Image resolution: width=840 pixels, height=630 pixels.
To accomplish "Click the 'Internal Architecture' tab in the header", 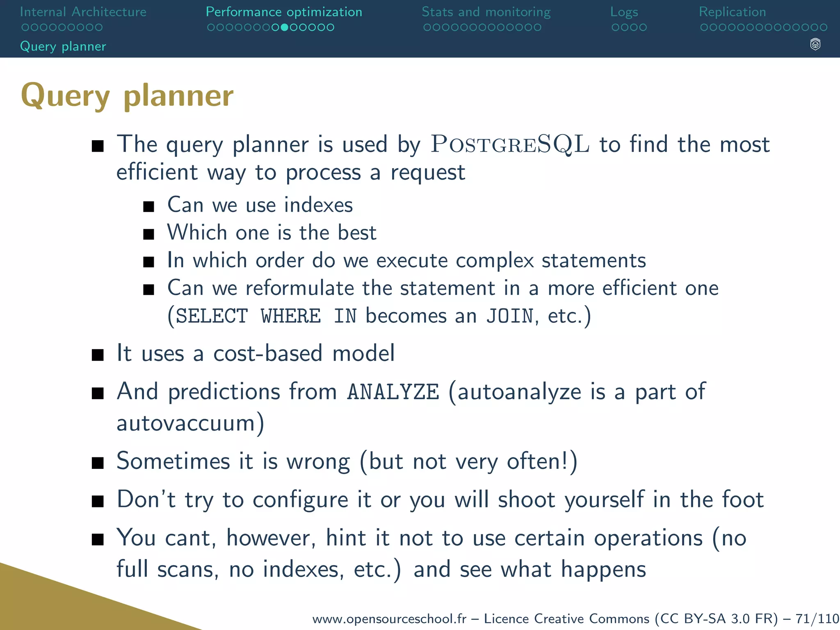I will [x=83, y=12].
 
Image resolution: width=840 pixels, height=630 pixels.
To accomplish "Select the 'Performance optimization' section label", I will [x=284, y=12].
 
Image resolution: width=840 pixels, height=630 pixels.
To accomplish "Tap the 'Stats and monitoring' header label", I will [x=486, y=12].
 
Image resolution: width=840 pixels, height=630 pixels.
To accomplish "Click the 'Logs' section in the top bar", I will [x=624, y=12].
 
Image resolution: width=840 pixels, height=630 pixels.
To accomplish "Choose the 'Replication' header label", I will [x=732, y=12].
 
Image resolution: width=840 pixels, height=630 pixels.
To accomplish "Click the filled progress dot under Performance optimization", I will [x=285, y=27].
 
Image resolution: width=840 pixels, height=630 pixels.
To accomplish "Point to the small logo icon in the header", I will [x=815, y=44].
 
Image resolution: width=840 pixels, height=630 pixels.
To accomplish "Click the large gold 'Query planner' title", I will [x=127, y=95].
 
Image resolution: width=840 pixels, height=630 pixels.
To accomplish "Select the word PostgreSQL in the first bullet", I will [x=510, y=144].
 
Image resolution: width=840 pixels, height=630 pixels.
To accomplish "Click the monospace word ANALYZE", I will [x=393, y=392].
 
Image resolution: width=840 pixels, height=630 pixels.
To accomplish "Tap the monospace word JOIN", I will [x=510, y=316].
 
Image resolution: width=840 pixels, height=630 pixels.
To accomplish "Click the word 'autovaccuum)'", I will [x=190, y=423].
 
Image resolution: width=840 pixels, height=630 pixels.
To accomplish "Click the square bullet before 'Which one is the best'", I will [x=148, y=234].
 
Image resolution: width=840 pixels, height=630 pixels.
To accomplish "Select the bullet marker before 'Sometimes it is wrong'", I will [x=98, y=463].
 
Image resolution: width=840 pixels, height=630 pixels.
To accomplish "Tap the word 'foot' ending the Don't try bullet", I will [x=742, y=500].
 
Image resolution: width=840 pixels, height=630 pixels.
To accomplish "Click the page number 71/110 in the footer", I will [x=817, y=619].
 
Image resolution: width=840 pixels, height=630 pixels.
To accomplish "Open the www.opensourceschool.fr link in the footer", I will [x=389, y=619].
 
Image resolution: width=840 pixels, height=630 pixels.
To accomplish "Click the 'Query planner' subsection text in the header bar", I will [x=63, y=46].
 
